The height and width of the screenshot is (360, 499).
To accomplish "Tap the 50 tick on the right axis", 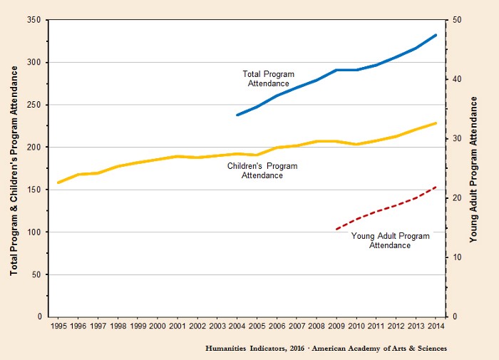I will [455, 20].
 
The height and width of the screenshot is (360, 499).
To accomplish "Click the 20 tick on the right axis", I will [455, 198].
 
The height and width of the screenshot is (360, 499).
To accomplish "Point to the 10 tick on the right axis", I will [455, 257].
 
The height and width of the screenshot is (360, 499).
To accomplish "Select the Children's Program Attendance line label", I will [262, 170].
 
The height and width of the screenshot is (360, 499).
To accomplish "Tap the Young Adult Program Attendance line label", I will [390, 240].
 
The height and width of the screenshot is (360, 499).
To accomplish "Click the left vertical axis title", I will [14, 168].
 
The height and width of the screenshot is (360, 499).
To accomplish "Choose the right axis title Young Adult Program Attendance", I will [474, 168].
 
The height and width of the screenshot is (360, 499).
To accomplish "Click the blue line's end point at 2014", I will [436, 35].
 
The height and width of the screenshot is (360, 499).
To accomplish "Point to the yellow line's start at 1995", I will [58, 183].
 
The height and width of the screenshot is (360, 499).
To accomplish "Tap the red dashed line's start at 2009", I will [336, 229].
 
